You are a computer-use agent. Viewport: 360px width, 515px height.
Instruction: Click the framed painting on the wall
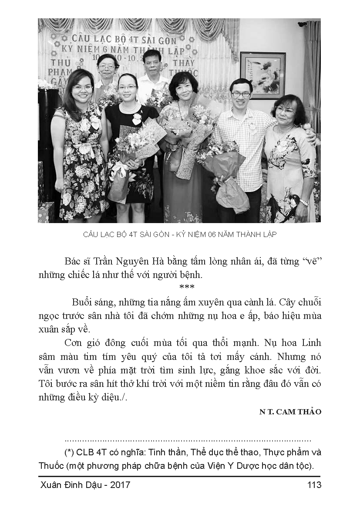(263, 75)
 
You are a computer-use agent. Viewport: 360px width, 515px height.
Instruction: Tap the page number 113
(314, 485)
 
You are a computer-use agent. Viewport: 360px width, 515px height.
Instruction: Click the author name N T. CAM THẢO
(290, 412)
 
